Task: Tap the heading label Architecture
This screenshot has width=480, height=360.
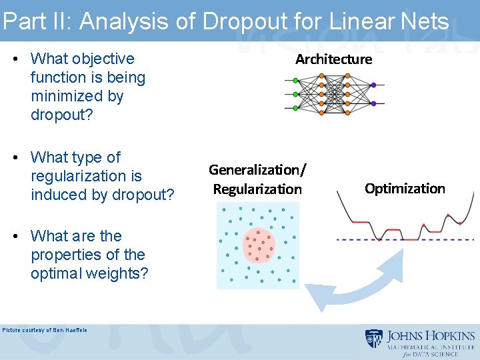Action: (x=333, y=59)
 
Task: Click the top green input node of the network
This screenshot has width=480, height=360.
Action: (x=295, y=81)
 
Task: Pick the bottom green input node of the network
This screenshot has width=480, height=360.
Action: (x=295, y=107)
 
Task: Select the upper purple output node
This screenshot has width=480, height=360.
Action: (x=373, y=85)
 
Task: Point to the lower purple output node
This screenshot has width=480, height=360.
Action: (x=373, y=103)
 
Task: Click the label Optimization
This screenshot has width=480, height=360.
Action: (x=405, y=189)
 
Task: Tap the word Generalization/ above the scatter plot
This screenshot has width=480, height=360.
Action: (x=257, y=170)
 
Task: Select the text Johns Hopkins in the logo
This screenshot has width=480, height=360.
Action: (x=431, y=336)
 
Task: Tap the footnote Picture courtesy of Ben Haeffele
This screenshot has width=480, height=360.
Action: (x=45, y=330)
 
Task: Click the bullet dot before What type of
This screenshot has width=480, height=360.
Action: (x=15, y=158)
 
